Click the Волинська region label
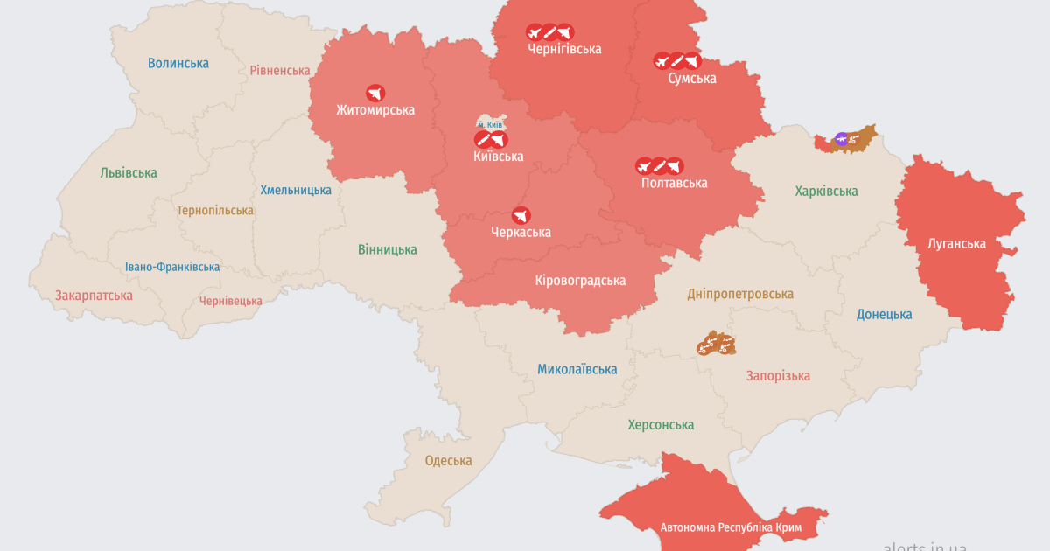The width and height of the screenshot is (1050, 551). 178,63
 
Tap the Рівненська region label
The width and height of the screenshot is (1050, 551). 280,71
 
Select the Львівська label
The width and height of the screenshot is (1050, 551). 129,173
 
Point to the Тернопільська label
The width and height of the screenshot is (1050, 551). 215,211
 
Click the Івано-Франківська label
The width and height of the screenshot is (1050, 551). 172,267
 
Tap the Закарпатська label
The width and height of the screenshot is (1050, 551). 94,296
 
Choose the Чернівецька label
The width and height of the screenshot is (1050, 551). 231,301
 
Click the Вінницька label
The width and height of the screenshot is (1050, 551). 388,250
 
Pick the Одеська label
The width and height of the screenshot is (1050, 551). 448,461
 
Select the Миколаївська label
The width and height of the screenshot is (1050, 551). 577,370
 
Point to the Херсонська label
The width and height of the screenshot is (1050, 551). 661,425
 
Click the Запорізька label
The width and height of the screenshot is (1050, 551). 778,376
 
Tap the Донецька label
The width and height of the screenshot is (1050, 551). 884,315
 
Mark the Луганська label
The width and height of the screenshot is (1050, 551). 956,244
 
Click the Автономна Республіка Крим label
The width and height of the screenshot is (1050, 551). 731,527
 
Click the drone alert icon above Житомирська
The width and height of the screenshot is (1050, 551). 375,93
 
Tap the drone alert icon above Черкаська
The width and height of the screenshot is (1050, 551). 521,215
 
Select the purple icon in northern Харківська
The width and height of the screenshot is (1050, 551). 842,138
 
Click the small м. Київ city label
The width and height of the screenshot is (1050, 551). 489,125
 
